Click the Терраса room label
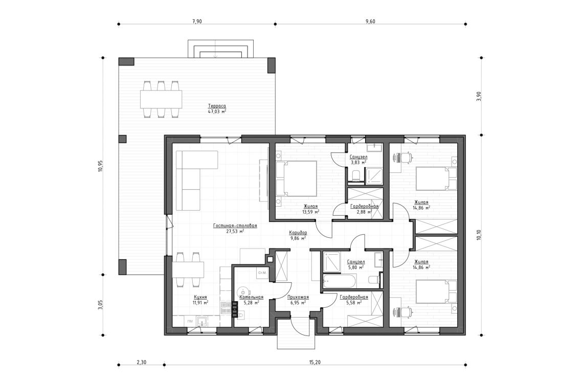(x=217, y=105)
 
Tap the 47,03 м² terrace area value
(x=217, y=111)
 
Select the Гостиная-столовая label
(x=235, y=225)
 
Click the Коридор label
(x=298, y=232)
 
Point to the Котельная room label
(x=251, y=297)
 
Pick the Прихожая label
(x=298, y=297)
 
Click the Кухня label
(x=200, y=297)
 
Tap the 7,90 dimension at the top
(x=197, y=21)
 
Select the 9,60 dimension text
(x=371, y=21)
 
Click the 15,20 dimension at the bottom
(x=315, y=363)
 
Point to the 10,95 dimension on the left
(x=101, y=166)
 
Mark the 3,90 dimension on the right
(x=479, y=96)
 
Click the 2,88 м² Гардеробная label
(x=364, y=206)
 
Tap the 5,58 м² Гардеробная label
(x=354, y=297)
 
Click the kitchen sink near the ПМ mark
(x=202, y=322)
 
